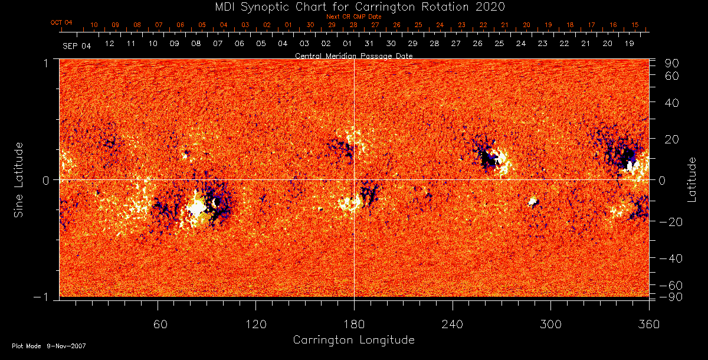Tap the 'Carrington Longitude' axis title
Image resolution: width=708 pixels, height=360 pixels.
pos(353,340)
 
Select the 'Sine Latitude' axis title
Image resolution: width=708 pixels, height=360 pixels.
pos(19,179)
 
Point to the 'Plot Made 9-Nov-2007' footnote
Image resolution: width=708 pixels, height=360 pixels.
pos(49,346)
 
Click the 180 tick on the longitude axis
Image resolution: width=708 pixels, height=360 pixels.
pos(354,324)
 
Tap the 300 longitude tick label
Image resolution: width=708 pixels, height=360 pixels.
pos(550,324)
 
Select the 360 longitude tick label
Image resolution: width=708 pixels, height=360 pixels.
pos(648,324)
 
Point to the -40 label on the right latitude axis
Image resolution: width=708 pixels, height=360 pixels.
pos(671,259)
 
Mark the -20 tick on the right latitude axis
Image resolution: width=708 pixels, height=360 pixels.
pos(671,222)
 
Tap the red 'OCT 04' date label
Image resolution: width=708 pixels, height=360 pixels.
pos(61,22)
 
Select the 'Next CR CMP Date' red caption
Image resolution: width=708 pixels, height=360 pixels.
pos(353,17)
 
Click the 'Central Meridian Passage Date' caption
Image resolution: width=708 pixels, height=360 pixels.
pos(353,55)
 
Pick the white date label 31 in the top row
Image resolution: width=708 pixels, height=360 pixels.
pos(369,44)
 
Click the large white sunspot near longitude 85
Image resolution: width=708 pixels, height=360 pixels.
pos(196,207)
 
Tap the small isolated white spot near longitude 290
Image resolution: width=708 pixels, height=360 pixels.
pos(533,202)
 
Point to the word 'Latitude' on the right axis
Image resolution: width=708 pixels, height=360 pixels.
pos(692,179)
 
